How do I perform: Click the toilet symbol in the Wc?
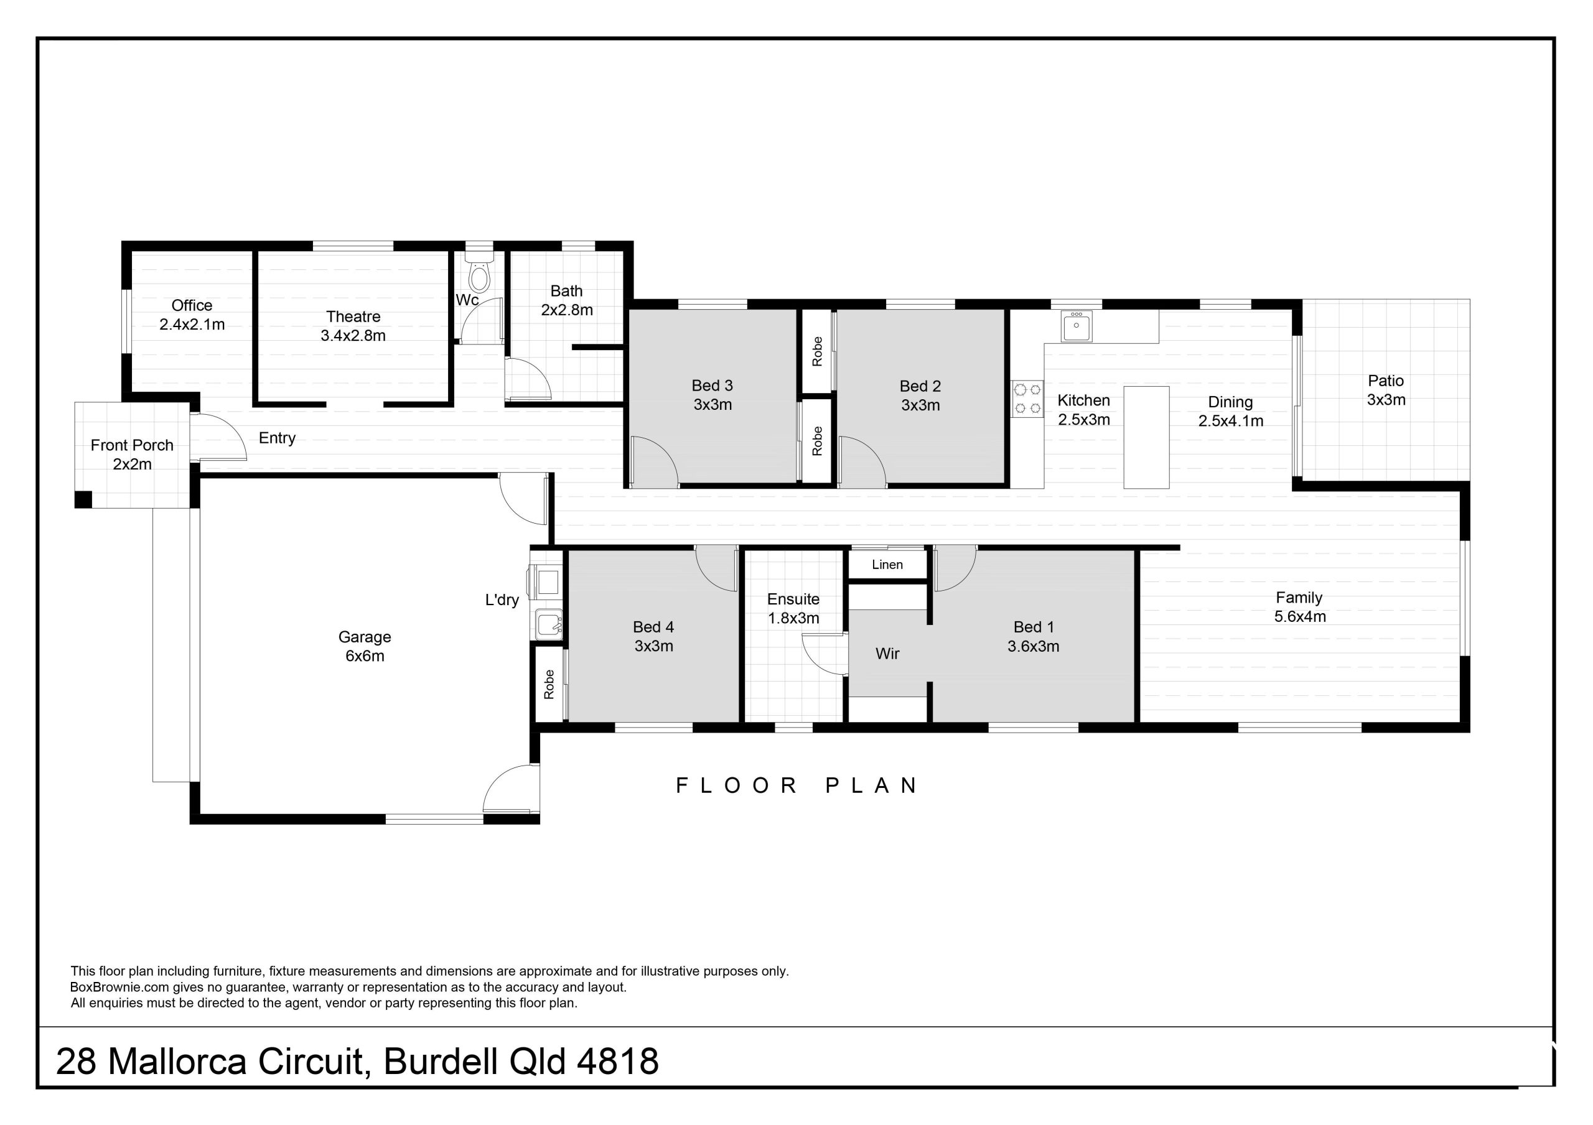click(x=479, y=275)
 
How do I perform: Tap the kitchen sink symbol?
click(x=1075, y=326)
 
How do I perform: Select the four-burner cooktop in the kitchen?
click(x=1027, y=399)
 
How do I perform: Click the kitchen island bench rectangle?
click(x=1146, y=437)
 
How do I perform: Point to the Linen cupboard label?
click(x=887, y=565)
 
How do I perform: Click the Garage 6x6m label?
click(x=364, y=646)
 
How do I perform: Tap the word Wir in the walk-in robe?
click(x=887, y=654)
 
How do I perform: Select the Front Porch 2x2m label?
click(x=132, y=455)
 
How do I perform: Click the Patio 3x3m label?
click(x=1386, y=390)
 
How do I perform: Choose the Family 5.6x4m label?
click(x=1299, y=607)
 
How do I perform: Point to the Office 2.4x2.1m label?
click(x=192, y=314)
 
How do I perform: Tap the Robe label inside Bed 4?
click(x=549, y=684)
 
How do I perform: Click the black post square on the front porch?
click(x=83, y=499)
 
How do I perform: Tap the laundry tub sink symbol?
click(x=549, y=624)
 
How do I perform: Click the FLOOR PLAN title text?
click(x=798, y=786)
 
